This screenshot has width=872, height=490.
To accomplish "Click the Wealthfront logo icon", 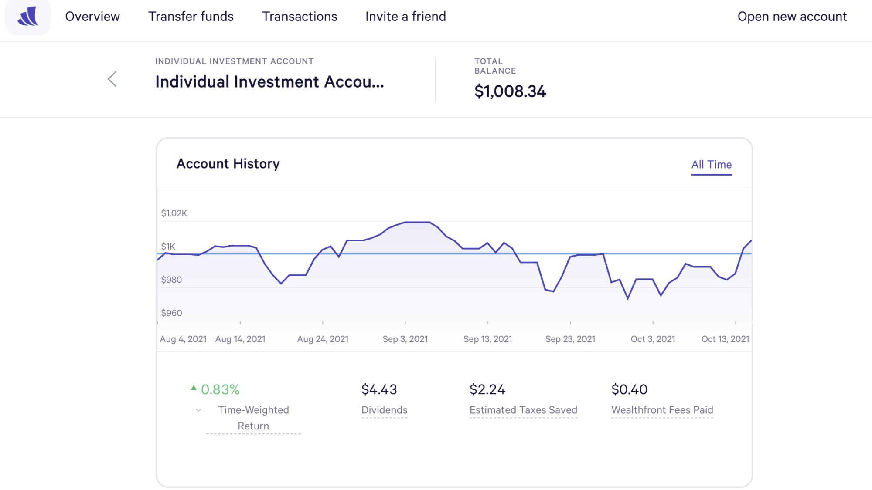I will [x=28, y=17].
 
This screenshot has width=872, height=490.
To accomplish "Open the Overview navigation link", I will [x=92, y=17].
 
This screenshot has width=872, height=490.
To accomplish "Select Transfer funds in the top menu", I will [x=191, y=17].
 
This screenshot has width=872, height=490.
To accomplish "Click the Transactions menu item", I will [x=300, y=17].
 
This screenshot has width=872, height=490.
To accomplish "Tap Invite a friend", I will [x=405, y=17].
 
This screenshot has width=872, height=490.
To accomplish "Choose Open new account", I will [x=792, y=17].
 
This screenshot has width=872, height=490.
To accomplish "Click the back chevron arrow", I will [x=112, y=79].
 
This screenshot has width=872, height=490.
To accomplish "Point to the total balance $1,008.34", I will [x=510, y=91].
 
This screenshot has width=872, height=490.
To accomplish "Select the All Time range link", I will [x=711, y=165].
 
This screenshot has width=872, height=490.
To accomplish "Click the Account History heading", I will [x=228, y=164].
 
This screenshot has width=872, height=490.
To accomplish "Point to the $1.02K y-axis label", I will [x=174, y=213].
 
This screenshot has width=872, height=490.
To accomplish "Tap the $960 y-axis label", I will [x=172, y=313].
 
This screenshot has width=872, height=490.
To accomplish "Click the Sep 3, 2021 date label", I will [x=405, y=339].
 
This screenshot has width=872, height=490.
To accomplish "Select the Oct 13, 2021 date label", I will [x=725, y=339].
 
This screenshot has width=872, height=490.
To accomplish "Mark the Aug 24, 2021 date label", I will [x=323, y=339].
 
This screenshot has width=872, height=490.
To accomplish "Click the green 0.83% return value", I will [x=220, y=389].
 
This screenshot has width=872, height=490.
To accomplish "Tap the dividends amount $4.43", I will [x=379, y=389].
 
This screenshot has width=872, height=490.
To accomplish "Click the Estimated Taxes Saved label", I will [x=523, y=410].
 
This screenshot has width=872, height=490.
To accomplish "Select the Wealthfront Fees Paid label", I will [x=662, y=410].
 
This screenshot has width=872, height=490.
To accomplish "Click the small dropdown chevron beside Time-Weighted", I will [x=198, y=410].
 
